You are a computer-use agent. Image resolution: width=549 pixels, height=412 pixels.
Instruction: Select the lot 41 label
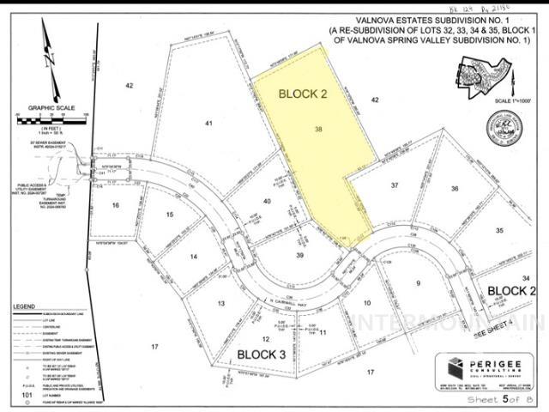click(x=208, y=124)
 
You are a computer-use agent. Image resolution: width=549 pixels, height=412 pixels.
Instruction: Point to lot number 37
click(x=395, y=185)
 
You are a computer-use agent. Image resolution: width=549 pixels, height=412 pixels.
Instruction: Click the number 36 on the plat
click(x=455, y=189)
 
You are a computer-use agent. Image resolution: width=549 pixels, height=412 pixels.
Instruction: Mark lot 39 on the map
click(x=300, y=255)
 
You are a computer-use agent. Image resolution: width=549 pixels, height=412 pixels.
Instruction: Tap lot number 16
click(x=116, y=205)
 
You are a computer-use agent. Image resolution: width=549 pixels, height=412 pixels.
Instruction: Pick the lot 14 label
click(x=194, y=257)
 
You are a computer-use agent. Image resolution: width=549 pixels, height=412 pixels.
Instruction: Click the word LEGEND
click(x=24, y=306)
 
